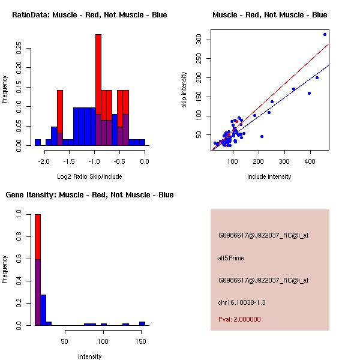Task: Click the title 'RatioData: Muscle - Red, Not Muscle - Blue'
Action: pos(90,14)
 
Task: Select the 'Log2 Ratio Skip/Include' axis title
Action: pos(90,176)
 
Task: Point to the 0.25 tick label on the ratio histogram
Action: pos(19,48)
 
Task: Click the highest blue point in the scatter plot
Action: pos(325,34)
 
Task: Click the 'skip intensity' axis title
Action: pos(184,90)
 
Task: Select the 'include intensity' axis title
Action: pos(269,176)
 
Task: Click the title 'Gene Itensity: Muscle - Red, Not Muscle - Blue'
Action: pos(89,194)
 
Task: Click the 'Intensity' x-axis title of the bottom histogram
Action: pos(90,356)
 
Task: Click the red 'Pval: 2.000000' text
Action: pos(239,319)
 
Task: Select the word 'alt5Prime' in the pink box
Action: pos(231,258)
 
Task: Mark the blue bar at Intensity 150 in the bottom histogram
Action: pos(142,323)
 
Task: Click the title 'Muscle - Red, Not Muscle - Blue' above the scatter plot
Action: pos(270,14)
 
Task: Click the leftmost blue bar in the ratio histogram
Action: pos(38,142)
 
